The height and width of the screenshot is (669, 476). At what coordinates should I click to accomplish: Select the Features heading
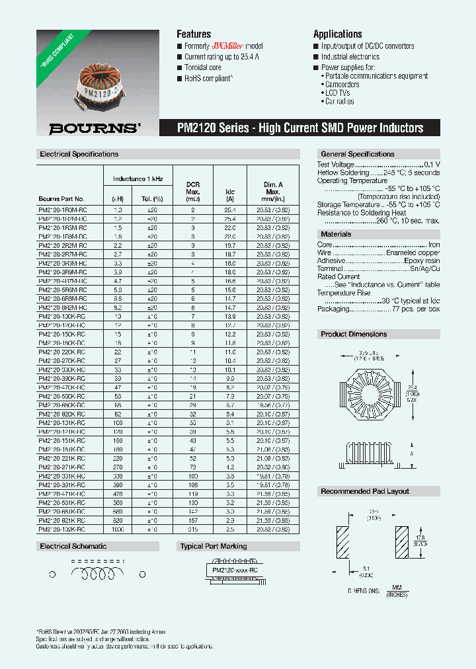point(194,34)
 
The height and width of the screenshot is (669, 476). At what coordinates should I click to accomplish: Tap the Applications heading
point(337,34)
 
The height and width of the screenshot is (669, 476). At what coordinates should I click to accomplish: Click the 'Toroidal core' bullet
point(202,67)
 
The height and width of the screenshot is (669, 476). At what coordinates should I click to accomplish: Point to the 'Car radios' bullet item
point(339,102)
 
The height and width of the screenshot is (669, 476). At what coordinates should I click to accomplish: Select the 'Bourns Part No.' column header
point(61,199)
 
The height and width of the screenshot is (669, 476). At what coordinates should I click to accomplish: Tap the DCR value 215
point(193,530)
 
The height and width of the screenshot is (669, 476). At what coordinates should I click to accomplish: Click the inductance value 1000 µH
point(118,530)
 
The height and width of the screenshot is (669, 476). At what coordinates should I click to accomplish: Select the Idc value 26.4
point(230,210)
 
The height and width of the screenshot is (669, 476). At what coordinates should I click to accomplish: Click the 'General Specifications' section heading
point(357,154)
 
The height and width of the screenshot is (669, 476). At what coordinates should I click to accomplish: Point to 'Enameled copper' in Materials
point(414,253)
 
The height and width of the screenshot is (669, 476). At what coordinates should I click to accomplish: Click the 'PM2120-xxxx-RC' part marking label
point(236,570)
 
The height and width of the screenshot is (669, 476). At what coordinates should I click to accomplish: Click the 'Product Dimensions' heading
point(354,334)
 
